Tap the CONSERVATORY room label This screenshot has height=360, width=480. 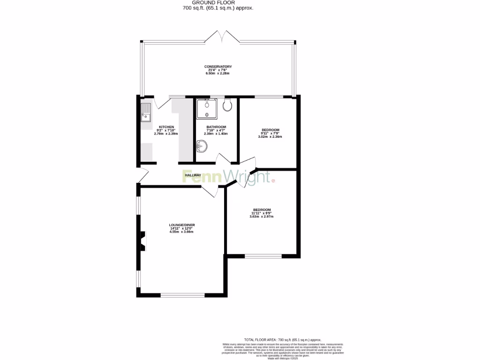point(217,67)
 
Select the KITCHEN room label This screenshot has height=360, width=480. point(166,127)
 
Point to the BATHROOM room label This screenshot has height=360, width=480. point(217,127)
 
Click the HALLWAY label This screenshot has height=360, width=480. point(193,175)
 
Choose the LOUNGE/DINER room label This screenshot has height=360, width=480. point(182,225)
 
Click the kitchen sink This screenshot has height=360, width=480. point(145,112)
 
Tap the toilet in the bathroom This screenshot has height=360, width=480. point(228,105)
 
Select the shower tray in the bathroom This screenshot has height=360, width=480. point(205,109)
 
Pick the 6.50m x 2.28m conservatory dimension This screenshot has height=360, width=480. point(217,74)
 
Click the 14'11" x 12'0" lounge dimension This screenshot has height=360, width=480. point(182,228)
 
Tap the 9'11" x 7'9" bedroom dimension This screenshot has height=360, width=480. point(270,134)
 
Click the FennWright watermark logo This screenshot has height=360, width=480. point(227,177)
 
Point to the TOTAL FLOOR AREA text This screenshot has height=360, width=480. point(282,339)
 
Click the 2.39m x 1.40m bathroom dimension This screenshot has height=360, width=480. point(216,134)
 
